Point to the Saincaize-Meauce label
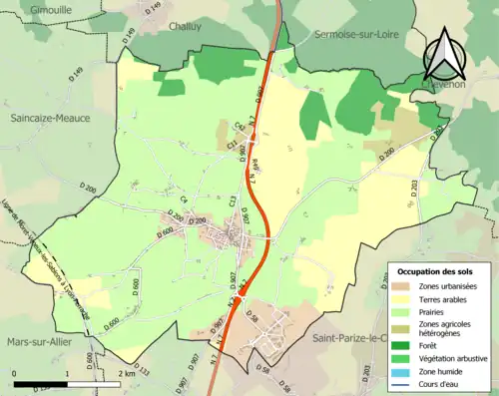click(50, 118)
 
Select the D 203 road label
click(411, 191)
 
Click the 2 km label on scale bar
click(125, 373)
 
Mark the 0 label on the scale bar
click(14, 373)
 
